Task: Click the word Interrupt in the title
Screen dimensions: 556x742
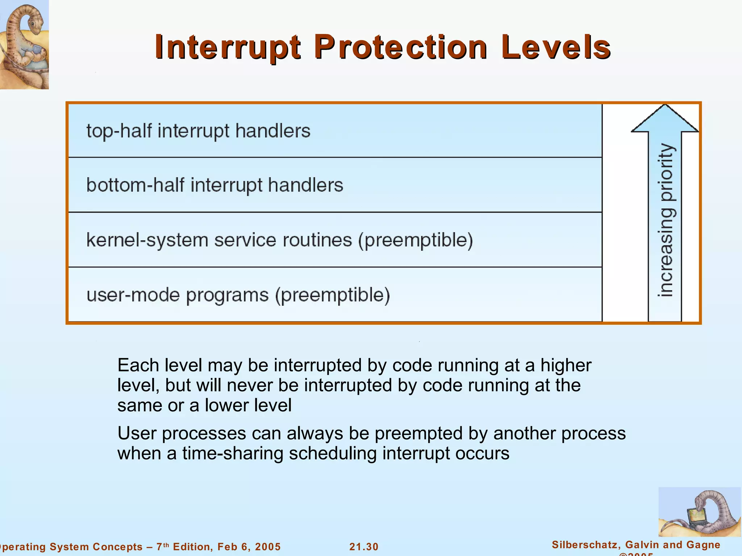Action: tap(228, 47)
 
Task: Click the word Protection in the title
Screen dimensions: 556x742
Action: tap(400, 47)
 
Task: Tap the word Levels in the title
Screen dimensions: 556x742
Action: tap(556, 47)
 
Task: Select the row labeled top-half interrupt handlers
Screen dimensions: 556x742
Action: tap(198, 131)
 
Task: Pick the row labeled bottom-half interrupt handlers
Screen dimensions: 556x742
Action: tap(214, 185)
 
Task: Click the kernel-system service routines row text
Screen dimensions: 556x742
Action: tap(219, 240)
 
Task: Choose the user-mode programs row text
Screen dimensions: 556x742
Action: tap(178, 295)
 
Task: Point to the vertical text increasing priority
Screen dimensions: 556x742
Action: tap(666, 220)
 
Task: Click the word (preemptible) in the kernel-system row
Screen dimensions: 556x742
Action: tap(416, 240)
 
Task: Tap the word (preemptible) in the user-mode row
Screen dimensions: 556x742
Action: tap(332, 295)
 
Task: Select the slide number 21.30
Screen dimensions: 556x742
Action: tap(364, 547)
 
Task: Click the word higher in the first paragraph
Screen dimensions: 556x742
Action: tap(566, 365)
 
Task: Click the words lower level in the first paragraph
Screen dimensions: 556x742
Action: tap(248, 405)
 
